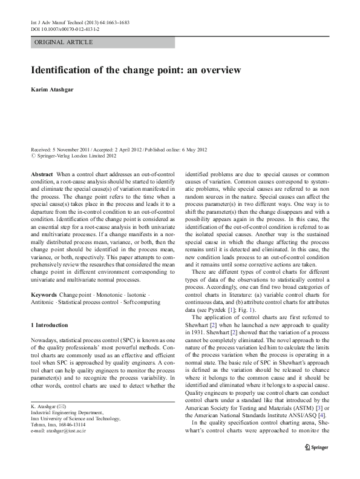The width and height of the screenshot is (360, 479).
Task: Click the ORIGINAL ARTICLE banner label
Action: (x=64, y=42)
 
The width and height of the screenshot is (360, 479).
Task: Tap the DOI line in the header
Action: (x=65, y=28)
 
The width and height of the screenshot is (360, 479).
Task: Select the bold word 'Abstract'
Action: (x=42, y=174)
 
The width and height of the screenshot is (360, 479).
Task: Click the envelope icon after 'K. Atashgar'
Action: (x=60, y=405)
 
